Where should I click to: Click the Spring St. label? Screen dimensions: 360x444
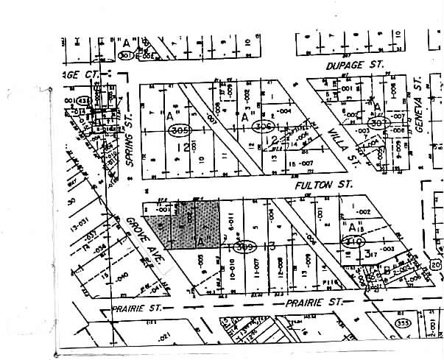click(130, 144)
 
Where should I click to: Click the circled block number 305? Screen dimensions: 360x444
click(177, 130)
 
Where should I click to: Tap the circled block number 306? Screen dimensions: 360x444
click(262, 127)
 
